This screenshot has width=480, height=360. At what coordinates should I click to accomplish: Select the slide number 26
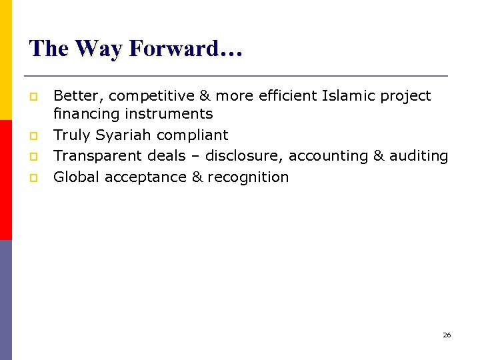(x=447, y=335)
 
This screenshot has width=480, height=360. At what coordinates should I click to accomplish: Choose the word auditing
(x=419, y=156)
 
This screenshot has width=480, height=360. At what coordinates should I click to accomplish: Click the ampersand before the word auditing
(x=379, y=156)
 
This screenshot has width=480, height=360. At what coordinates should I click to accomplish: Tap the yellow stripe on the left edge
(x=5, y=60)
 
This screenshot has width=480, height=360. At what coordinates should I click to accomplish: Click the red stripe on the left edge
(x=5, y=180)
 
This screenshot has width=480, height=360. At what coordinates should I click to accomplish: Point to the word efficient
(x=286, y=96)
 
